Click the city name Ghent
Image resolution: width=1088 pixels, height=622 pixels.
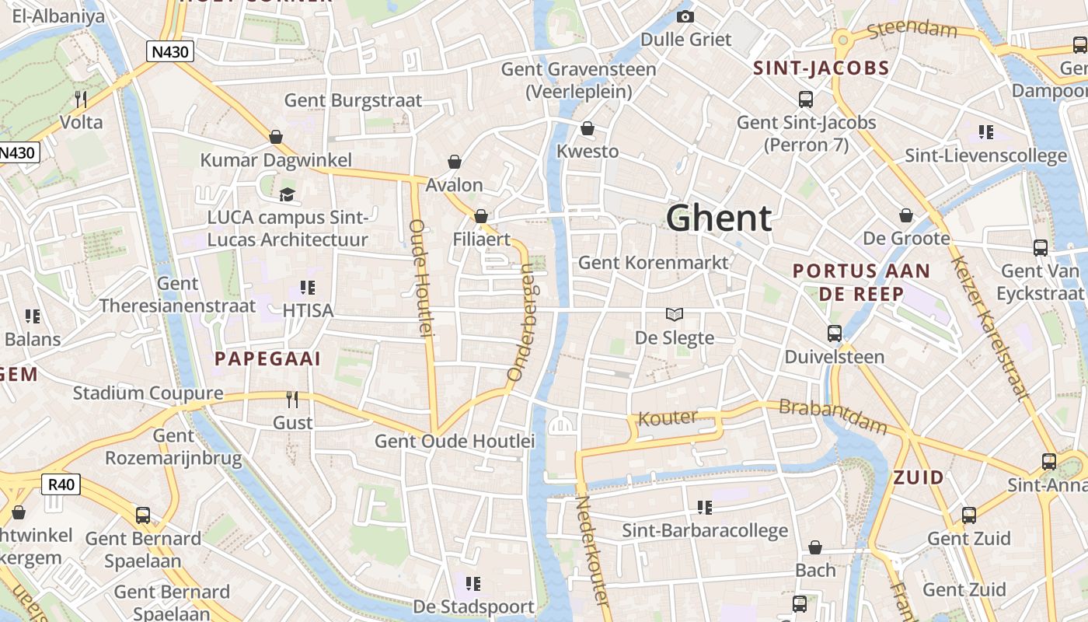click(x=719, y=218)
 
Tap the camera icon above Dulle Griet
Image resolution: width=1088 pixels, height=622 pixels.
click(x=685, y=16)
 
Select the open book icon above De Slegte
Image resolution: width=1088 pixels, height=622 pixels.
click(x=675, y=314)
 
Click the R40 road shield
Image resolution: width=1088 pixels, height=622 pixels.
click(x=61, y=485)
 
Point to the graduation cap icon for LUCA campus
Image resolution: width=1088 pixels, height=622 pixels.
click(x=288, y=194)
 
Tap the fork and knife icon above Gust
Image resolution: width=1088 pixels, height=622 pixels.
click(x=292, y=400)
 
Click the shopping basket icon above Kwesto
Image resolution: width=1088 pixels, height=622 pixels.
click(x=588, y=128)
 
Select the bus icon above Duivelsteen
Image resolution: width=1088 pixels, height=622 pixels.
click(x=835, y=334)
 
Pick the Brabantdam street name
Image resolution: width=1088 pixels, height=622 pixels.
click(x=832, y=417)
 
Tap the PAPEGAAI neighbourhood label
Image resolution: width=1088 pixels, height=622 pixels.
click(x=267, y=358)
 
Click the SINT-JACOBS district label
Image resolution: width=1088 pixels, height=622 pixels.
click(x=821, y=68)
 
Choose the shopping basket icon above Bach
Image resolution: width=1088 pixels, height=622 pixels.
click(x=815, y=548)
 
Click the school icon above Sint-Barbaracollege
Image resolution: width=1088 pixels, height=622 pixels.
click(x=705, y=508)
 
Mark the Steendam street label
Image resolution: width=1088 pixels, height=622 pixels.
click(x=912, y=29)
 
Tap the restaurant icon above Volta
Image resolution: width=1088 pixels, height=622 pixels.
click(x=81, y=99)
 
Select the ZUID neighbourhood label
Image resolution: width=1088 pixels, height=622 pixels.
click(x=919, y=477)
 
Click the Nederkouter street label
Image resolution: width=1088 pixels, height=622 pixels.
click(x=591, y=550)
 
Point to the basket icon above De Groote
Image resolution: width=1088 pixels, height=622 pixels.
click(x=906, y=215)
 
